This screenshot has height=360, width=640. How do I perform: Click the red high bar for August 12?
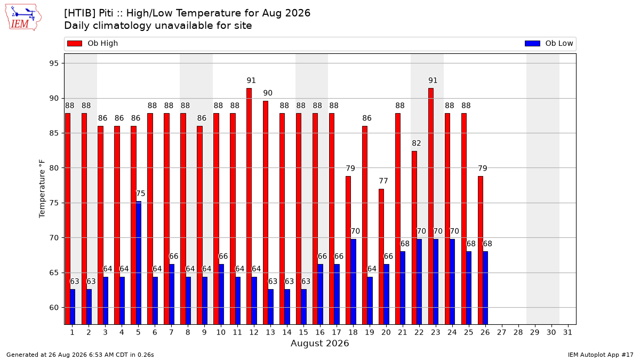coord(249,206)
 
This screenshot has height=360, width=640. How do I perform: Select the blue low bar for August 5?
coord(139,263)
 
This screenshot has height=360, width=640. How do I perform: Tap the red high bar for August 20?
coord(381,257)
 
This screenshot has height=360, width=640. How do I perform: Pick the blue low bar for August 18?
coord(354,282)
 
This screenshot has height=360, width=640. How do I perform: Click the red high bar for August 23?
coord(431,206)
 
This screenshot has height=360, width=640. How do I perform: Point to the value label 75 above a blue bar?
coord(140,194)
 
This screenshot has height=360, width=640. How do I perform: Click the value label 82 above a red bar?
coord(417,143)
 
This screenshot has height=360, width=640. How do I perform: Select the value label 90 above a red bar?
coord(268,93)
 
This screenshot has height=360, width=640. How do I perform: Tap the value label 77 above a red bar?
coord(383,181)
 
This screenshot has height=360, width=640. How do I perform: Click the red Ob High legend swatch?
coord(75,43)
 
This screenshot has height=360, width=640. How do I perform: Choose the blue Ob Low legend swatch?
coord(532,43)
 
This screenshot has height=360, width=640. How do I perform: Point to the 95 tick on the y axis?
coord(54,63)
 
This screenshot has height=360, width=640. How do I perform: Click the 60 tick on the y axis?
coord(54,308)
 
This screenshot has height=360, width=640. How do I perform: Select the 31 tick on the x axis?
coord(567,332)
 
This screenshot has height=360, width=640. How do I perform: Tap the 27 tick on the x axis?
coord(502,332)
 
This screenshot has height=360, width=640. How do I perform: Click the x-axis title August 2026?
coord(319,343)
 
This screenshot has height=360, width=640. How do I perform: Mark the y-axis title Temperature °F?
coord(42,189)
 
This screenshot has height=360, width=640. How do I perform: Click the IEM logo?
coord(23,18)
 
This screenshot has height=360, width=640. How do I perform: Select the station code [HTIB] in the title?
coord(80,13)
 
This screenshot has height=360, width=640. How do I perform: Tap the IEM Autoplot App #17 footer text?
coord(601,355)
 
